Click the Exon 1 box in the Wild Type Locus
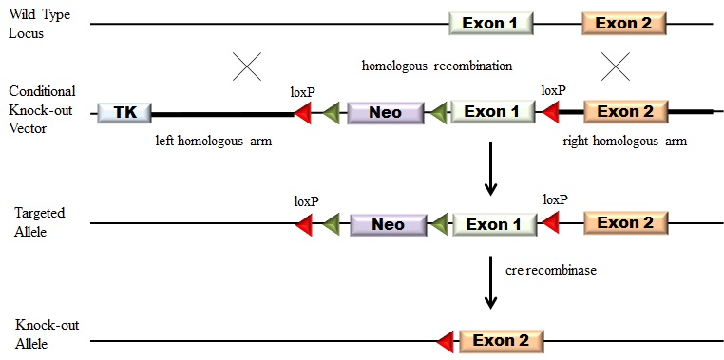(490, 23)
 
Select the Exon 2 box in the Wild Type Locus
(623, 23)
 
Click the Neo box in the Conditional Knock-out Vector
(385, 113)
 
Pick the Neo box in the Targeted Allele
(388, 224)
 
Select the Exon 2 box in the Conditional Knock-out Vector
(624, 112)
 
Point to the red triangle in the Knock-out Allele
(443, 340)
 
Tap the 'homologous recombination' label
(437, 66)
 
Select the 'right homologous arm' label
(624, 141)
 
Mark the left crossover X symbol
(247, 66)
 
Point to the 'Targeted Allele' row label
(36, 225)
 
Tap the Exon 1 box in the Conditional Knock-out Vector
(491, 112)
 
